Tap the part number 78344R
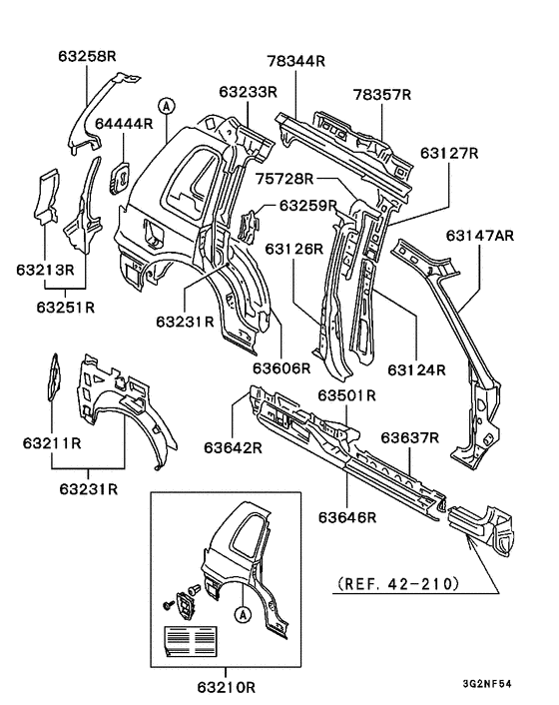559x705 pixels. tap(296, 61)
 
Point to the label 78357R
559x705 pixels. tap(381, 94)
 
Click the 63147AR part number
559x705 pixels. tap(480, 235)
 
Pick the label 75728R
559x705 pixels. tap(283, 179)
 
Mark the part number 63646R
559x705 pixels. tap(347, 516)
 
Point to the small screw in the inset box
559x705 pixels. tap(165, 604)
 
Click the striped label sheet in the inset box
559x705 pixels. tap(190, 636)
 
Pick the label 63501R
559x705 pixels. tap(346, 396)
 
